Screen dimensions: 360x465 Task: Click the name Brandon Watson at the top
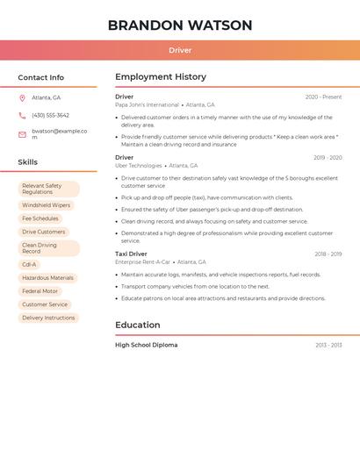pos(180,25)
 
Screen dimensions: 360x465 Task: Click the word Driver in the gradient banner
pos(180,50)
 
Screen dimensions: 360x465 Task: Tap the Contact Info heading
pos(41,77)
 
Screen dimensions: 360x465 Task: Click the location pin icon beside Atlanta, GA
pos(22,97)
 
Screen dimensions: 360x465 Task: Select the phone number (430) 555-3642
pos(50,115)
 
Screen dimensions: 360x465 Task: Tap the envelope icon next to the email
pos(22,134)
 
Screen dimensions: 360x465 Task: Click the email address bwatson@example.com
pos(59,133)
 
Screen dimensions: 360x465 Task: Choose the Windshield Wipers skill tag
pos(47,205)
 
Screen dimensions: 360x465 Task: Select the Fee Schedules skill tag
pos(40,218)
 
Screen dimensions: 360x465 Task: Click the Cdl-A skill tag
pos(30,264)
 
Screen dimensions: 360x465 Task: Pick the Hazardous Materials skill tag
pos(47,277)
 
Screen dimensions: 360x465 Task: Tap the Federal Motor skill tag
pos(40,291)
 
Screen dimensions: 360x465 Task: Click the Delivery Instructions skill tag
pos(48,318)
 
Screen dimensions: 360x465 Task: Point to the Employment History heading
pos(161,77)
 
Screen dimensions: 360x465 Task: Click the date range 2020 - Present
pos(323,97)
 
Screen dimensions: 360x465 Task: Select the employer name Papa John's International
pos(147,104)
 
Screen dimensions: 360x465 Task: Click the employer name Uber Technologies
pos(139,166)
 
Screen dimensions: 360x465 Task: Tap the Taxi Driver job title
pos(131,254)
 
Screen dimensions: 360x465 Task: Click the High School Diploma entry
pos(146,345)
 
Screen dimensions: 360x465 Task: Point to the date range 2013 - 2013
pos(328,345)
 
